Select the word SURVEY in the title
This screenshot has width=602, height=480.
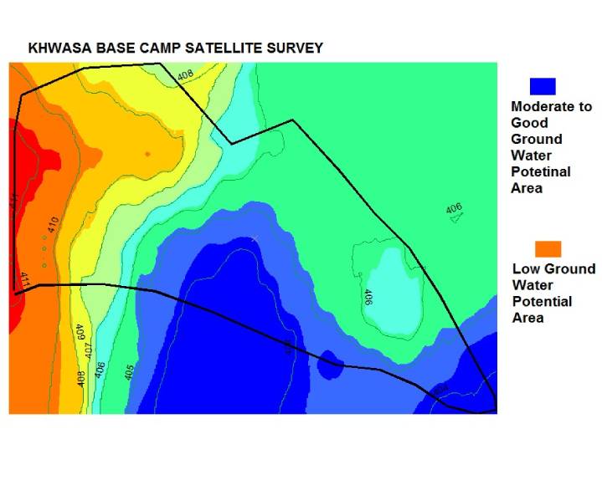[x=293, y=48]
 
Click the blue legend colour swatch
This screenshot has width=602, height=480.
[x=543, y=85]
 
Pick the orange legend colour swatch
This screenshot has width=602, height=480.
[x=548, y=248]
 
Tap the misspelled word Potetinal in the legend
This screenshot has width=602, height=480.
[x=540, y=171]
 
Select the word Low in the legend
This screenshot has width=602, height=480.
[x=525, y=269]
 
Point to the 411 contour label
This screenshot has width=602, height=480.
[x=24, y=279]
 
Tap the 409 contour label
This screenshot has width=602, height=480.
[x=80, y=333]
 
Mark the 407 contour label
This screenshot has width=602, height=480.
[x=89, y=352]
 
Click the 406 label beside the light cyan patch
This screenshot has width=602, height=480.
[x=368, y=297]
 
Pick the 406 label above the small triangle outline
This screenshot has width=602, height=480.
[x=453, y=208]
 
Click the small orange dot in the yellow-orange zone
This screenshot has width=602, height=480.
[x=147, y=154]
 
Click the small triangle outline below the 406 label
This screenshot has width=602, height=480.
[x=456, y=219]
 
